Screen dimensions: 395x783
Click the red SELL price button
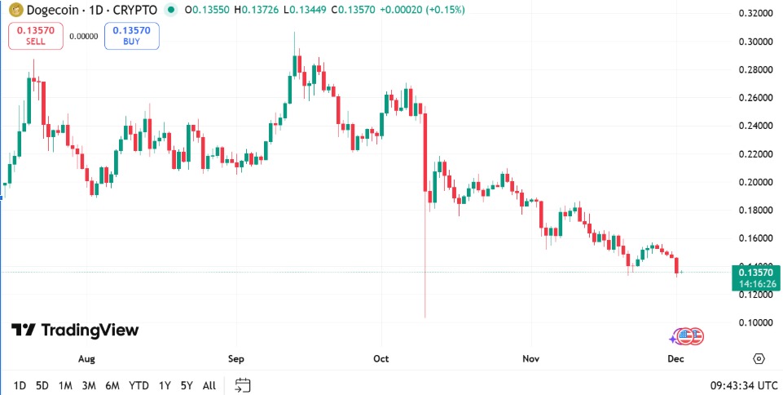pos(35,36)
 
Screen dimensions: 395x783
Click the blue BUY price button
pos(132,36)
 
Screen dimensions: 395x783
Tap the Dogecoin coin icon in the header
pos(12,10)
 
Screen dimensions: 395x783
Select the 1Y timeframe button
pos(165,385)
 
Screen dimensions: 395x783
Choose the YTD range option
pos(139,385)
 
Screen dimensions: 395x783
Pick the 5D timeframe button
pos(42,385)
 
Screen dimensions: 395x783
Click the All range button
pos(209,385)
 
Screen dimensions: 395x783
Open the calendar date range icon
pos(242,385)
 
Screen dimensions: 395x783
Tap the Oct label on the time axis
pos(381,358)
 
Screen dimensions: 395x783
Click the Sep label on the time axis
pos(235,358)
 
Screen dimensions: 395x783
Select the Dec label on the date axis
pos(675,358)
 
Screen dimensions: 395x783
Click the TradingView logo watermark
pos(75,331)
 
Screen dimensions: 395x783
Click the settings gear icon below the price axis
pos(759,358)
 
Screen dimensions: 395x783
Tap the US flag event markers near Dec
pos(689,335)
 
